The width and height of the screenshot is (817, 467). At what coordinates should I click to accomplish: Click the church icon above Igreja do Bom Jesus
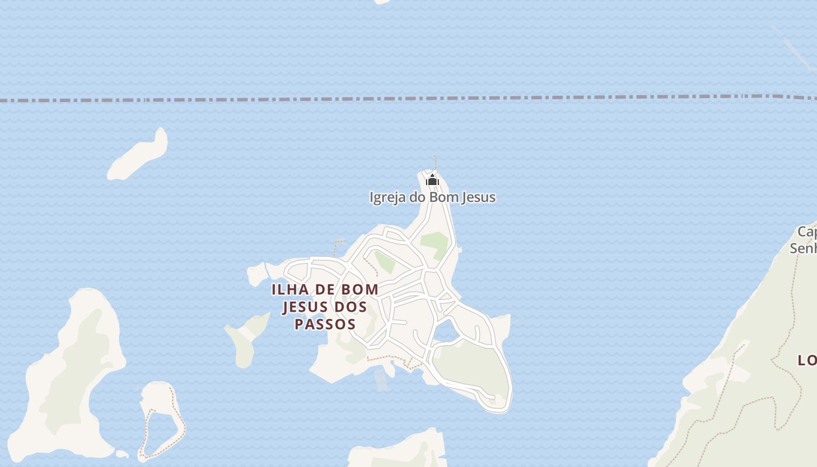(x=432, y=180)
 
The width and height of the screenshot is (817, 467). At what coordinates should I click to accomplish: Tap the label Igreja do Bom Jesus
(x=432, y=197)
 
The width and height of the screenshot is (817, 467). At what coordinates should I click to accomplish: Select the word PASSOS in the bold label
(x=325, y=324)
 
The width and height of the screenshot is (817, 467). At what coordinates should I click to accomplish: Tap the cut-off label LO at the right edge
(x=807, y=361)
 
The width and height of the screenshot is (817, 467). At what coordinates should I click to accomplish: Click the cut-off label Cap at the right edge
(x=806, y=232)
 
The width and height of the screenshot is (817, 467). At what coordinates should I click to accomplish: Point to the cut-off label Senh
(x=803, y=248)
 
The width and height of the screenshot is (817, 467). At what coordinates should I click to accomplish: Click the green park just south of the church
(x=434, y=244)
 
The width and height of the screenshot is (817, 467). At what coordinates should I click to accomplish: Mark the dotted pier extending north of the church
(x=435, y=162)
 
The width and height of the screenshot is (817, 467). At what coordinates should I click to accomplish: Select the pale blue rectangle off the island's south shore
(x=381, y=380)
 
